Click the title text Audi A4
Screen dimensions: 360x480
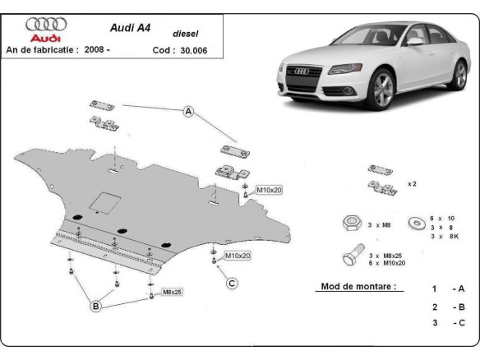pos(129,25)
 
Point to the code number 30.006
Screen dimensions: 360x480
pos(193,49)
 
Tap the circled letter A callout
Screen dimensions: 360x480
pos(187,113)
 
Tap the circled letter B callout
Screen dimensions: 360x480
pos(95,306)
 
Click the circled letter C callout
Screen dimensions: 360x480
pos(232,284)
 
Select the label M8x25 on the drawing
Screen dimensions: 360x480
pos(172,292)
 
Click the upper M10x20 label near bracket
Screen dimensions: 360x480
pos(269,190)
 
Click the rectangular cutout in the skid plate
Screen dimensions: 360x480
pos(104,201)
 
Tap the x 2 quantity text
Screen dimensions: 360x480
pos(411,184)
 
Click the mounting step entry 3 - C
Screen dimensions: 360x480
pos(447,323)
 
